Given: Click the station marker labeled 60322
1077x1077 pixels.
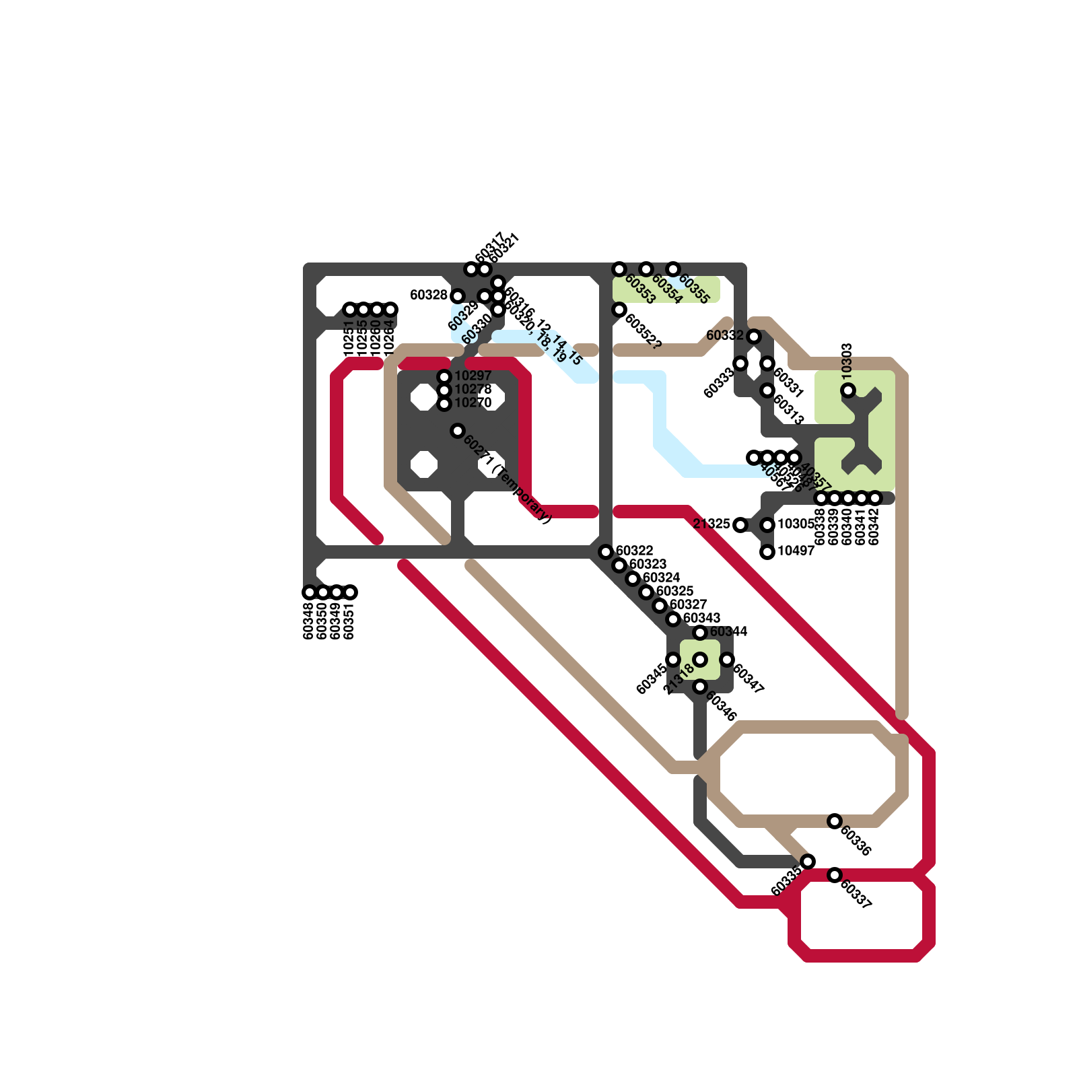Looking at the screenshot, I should [606, 552].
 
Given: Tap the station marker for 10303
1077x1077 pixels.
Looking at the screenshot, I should [848, 390].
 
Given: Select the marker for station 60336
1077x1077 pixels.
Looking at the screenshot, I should [835, 821].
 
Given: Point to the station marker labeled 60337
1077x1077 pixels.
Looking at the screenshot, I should [835, 875].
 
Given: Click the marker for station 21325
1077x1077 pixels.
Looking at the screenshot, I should [740, 525].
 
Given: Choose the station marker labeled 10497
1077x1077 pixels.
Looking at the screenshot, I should [767, 552].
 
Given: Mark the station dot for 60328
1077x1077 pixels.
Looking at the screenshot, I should [458, 296].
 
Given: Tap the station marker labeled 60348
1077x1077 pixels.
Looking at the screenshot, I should [310, 592].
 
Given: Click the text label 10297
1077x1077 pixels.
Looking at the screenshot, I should [473, 376].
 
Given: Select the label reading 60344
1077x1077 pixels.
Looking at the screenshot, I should [728, 631].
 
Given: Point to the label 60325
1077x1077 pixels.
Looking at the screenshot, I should [674, 591].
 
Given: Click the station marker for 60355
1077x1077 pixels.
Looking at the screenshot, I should [673, 269].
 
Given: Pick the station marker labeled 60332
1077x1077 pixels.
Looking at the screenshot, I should [754, 337].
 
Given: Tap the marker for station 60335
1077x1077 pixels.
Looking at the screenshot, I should [808, 862].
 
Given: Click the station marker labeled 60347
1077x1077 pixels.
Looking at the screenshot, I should [727, 660].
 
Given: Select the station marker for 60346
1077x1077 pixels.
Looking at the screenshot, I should [700, 687].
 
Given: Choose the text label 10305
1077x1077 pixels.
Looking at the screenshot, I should [796, 524].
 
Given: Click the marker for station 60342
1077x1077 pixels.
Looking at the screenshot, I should [875, 498].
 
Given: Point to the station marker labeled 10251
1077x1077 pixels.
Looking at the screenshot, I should [350, 310].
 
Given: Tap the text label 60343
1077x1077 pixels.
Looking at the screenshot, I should [701, 618].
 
